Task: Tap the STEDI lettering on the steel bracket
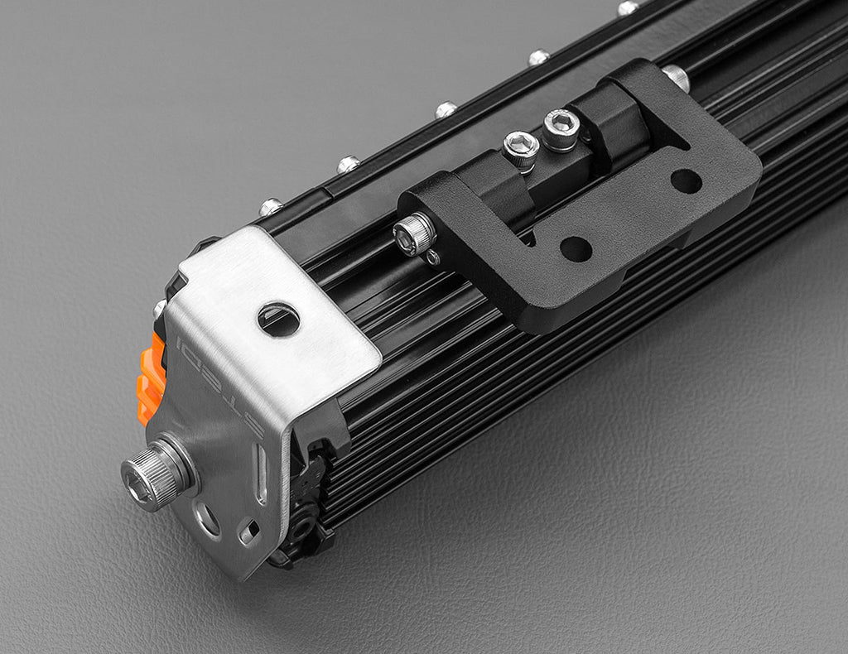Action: tap(218, 380)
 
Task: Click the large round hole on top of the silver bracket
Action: tap(278, 320)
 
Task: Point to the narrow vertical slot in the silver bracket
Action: tap(261, 473)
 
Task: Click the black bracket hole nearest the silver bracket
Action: tap(575, 248)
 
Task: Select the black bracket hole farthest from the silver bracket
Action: tap(686, 181)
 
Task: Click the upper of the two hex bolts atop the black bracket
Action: tap(561, 129)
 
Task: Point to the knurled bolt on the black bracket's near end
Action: tap(414, 234)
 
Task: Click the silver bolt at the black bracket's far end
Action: tap(676, 77)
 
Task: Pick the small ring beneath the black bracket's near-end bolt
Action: tap(432, 257)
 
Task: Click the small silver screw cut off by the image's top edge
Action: tap(628, 7)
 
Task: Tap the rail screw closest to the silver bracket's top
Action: tap(271, 207)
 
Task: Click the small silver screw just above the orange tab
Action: tap(160, 310)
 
